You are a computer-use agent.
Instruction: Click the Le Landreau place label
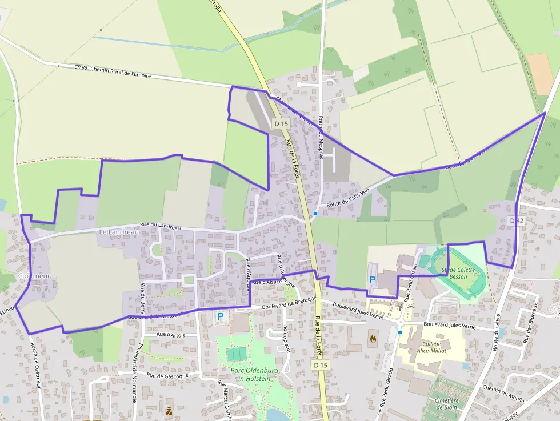point(119,232)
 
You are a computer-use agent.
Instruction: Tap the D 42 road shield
point(516,220)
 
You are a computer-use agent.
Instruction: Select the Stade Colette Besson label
point(458,273)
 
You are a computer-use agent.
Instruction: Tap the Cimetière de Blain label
point(446,404)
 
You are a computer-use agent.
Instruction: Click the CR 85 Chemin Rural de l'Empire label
point(113,71)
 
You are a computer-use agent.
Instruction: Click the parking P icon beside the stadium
point(373,280)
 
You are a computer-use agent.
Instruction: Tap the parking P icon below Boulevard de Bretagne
point(220,315)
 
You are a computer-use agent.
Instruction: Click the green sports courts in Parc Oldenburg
point(235,354)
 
